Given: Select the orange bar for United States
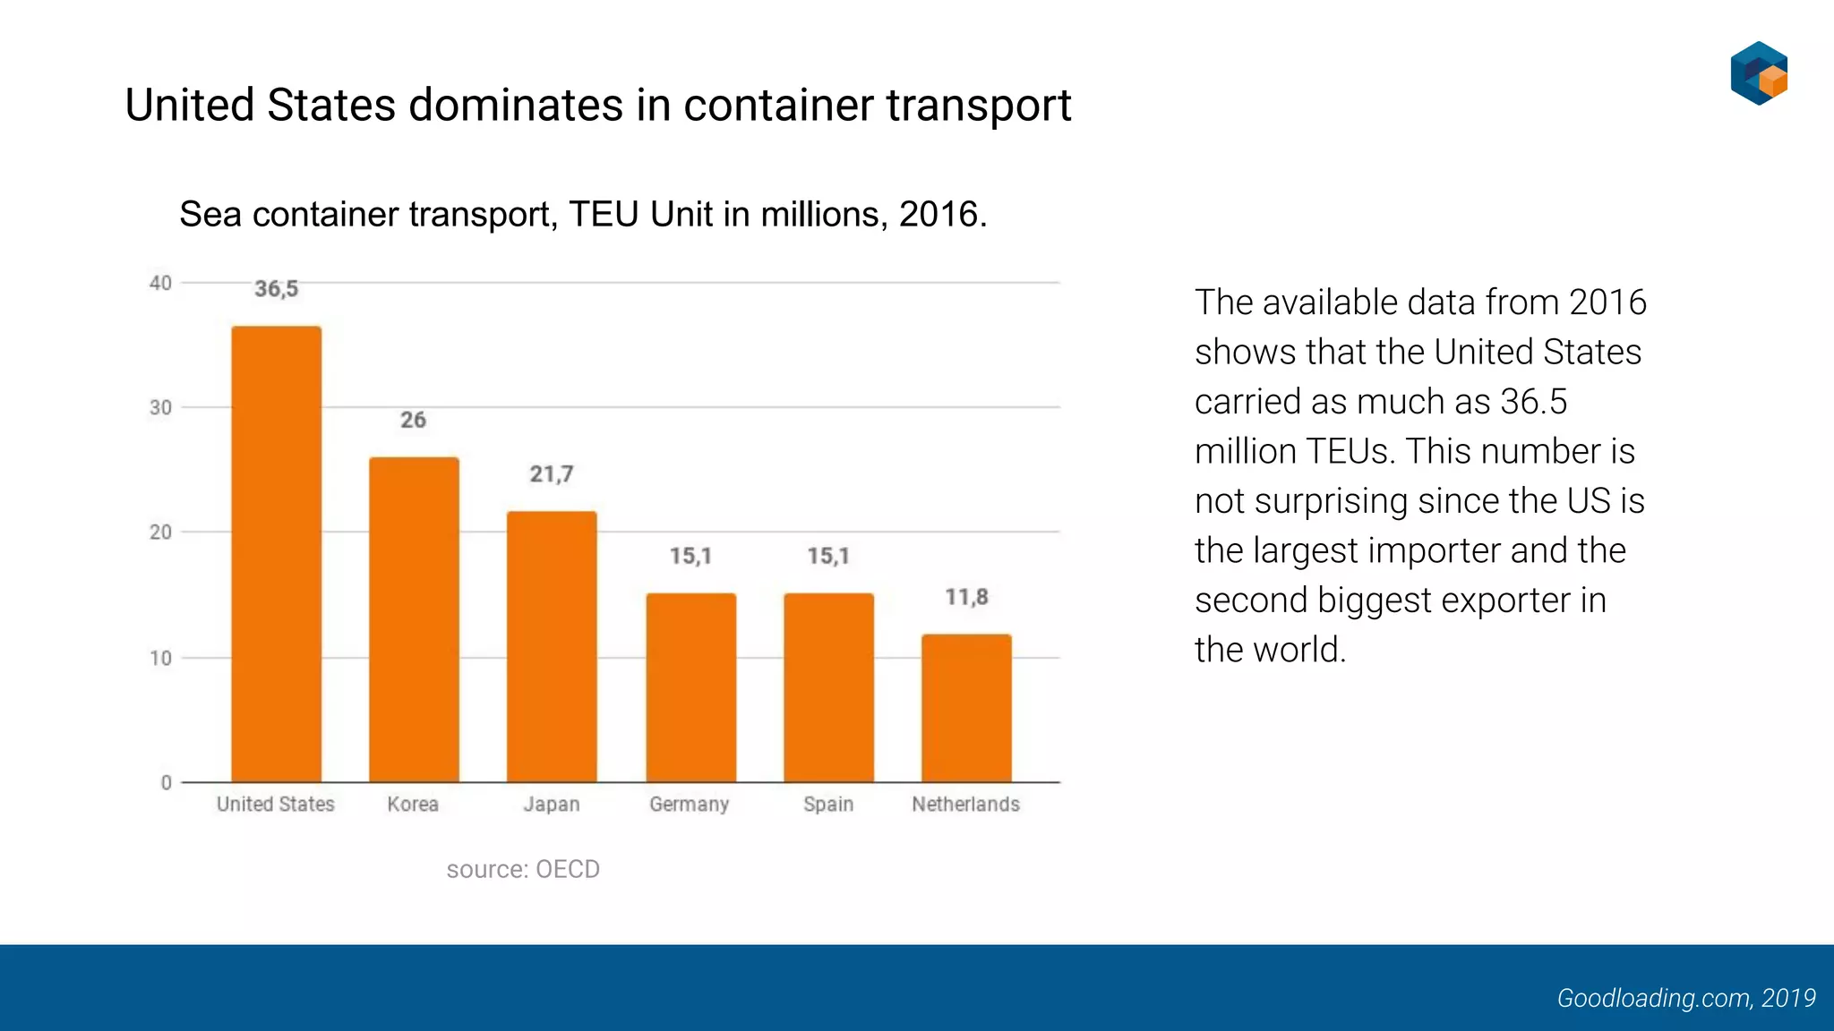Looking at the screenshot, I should click(276, 555).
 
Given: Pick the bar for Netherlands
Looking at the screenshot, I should click(966, 708).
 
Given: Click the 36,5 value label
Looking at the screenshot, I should click(276, 289).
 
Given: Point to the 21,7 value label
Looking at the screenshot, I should click(552, 474).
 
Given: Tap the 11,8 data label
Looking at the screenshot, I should click(966, 597).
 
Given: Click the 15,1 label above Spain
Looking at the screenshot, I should click(828, 556).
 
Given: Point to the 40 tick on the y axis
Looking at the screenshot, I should click(160, 284).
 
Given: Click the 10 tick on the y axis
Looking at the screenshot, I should click(160, 659).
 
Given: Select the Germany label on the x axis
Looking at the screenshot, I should click(690, 805).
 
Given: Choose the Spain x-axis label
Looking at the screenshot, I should click(828, 805).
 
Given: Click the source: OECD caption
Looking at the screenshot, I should click(523, 869).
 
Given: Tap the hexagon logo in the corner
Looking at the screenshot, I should click(1759, 73).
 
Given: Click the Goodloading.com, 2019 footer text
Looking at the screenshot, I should click(1685, 998).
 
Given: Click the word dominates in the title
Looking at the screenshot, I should click(516, 106).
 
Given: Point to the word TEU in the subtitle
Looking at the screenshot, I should click(604, 215).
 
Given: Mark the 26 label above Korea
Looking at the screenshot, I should click(413, 420).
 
